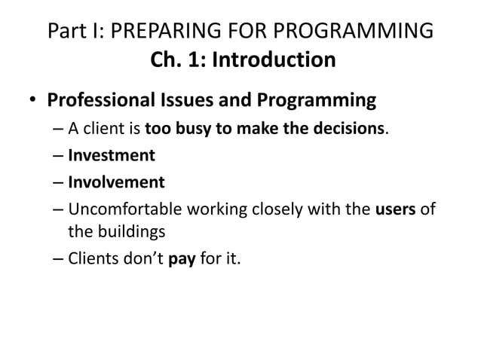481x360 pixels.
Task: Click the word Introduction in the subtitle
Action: (272, 59)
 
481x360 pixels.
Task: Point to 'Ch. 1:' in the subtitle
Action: (177, 59)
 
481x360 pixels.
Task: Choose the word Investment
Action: (112, 155)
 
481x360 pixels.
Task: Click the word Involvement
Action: (116, 182)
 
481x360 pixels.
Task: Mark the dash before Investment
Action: (58, 156)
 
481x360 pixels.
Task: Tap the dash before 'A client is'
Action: (58, 129)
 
